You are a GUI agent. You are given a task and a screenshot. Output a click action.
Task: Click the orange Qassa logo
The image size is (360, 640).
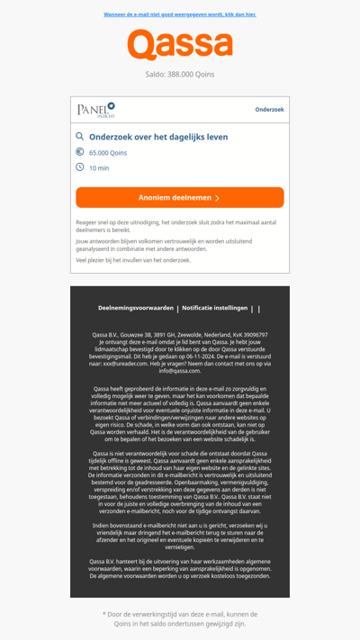[x=180, y=45]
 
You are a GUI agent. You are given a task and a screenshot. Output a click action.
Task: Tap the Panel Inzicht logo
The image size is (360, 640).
[x=96, y=110]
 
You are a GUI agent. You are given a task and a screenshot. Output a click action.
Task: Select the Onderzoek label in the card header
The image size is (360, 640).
[x=269, y=110]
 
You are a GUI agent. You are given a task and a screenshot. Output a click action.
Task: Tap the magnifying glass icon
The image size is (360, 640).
[x=80, y=137]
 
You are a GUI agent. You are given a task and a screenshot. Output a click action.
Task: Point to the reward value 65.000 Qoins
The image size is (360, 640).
[x=108, y=153]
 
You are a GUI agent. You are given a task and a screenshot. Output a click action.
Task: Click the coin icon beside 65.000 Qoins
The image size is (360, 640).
[x=80, y=152]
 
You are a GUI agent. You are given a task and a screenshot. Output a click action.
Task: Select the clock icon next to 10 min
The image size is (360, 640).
[x=80, y=167]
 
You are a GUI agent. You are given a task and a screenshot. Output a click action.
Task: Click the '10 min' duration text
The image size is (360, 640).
[x=99, y=168]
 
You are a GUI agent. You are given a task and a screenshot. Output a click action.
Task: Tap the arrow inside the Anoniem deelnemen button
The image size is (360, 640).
[x=218, y=198]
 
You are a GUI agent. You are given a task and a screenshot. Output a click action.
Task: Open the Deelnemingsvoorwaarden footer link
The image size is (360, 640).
[x=136, y=308]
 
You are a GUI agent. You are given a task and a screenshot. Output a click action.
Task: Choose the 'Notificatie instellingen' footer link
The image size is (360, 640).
[x=214, y=308]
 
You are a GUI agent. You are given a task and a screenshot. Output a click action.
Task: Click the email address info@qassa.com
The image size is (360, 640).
[x=180, y=371]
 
